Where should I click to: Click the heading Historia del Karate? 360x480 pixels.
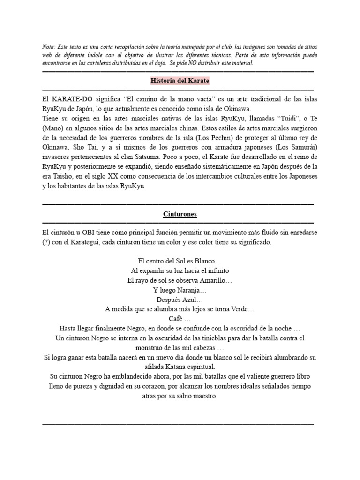coord(180,81)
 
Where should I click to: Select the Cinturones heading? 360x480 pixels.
coord(180,214)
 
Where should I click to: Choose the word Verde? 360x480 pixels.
coord(242,309)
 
